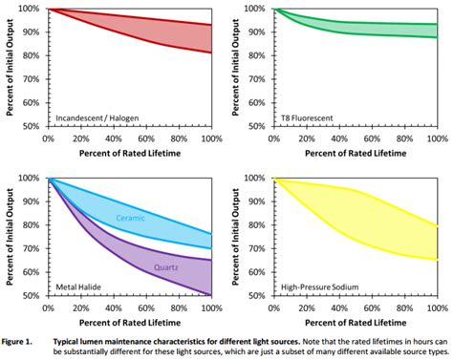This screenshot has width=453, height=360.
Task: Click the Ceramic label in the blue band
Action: pyautogui.click(x=131, y=218)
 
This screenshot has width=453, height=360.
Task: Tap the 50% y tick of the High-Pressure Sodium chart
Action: pyautogui.click(x=229, y=296)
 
